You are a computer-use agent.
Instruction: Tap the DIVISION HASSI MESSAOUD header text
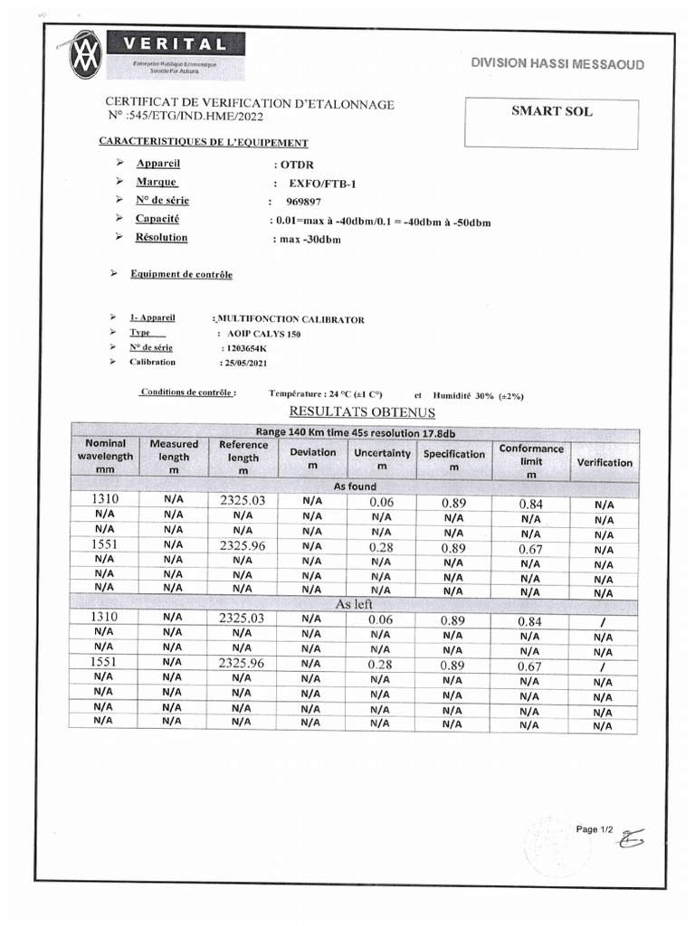coord(557,64)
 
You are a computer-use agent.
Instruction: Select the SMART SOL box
coord(551,123)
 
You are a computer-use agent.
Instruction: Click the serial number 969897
coord(303,203)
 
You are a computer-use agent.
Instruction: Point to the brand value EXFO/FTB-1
coord(324,184)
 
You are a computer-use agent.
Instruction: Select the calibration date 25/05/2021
coord(244,363)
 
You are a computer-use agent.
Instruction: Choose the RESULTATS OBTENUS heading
coord(362,413)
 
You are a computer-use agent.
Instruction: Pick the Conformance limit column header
coord(531,461)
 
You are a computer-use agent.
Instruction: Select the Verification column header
coord(605,463)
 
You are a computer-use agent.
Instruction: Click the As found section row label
coord(355,487)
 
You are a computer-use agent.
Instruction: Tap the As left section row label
coord(355,604)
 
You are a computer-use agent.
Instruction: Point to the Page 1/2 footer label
coord(595,829)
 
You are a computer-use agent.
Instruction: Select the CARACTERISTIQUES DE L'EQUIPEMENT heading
coord(203,143)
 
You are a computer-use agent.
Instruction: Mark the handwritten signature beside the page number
coord(631,840)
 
